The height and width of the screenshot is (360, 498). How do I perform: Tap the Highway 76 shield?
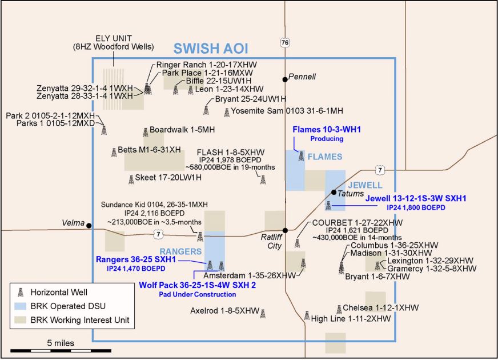284,42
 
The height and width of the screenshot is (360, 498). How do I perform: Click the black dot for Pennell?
284,79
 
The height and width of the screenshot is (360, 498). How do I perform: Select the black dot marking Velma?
89,225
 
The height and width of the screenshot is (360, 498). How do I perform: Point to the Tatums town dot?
334,193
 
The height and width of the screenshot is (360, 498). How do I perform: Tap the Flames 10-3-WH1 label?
327,130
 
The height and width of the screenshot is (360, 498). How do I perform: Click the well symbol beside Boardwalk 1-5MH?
144,131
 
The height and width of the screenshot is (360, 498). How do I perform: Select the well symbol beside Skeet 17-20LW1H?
131,178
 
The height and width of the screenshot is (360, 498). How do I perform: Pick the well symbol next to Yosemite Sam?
227,112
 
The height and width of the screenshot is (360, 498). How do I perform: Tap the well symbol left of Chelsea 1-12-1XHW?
339,308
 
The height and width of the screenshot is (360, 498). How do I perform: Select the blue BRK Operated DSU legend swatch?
21,306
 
